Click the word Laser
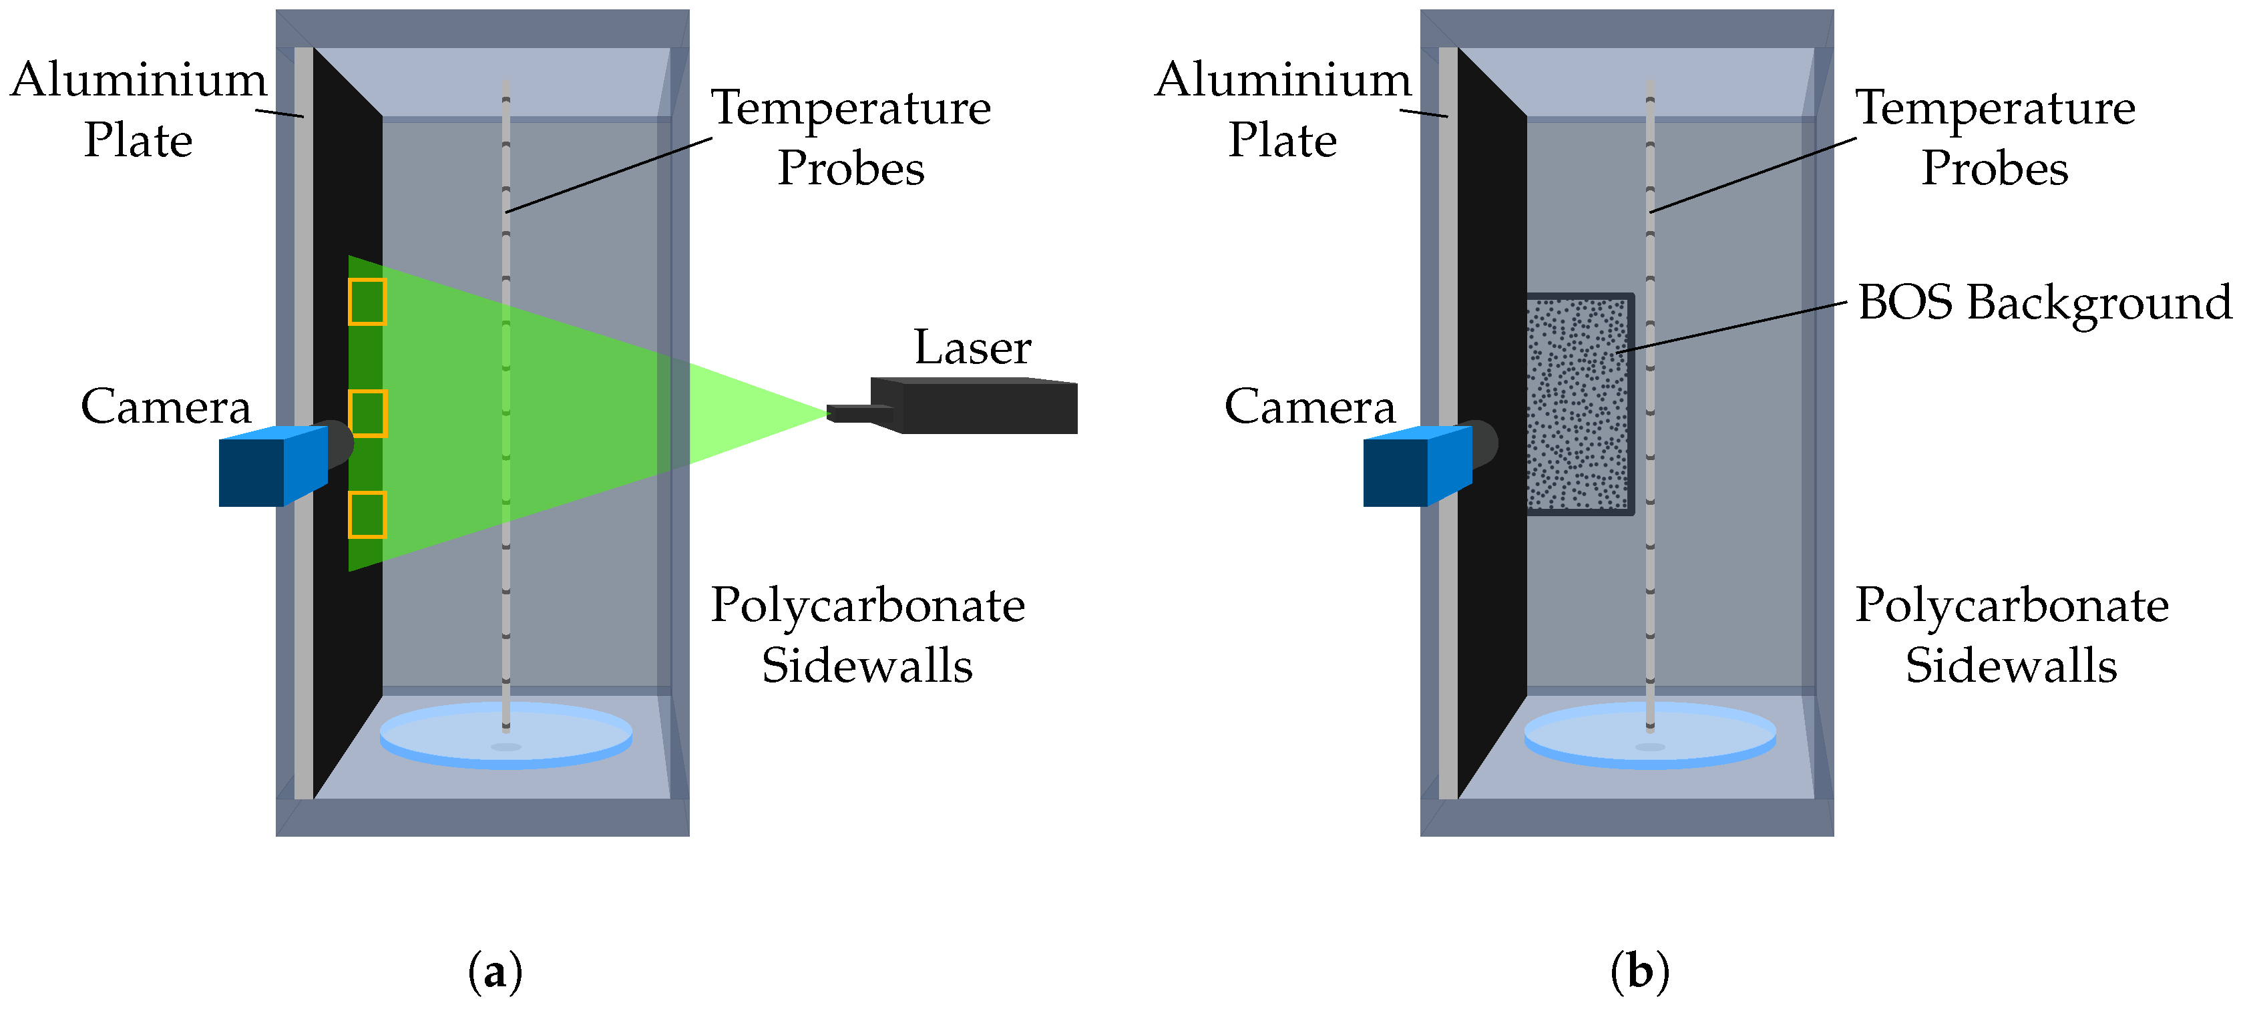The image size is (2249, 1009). (972, 347)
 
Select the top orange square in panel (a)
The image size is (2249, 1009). (367, 302)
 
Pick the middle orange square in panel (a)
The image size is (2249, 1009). (367, 413)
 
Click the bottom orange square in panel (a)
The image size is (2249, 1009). (367, 515)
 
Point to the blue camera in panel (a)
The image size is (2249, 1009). (270, 467)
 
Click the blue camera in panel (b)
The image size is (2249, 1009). (1415, 467)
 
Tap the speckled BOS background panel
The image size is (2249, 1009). (1579, 404)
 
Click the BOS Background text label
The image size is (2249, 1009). (2043, 303)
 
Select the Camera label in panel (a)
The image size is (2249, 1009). (166, 407)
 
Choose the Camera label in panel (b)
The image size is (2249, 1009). (1309, 407)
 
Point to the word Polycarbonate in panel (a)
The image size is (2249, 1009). (867, 606)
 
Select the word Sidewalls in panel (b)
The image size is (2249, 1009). (2011, 666)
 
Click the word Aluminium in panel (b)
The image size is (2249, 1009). (1283, 80)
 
